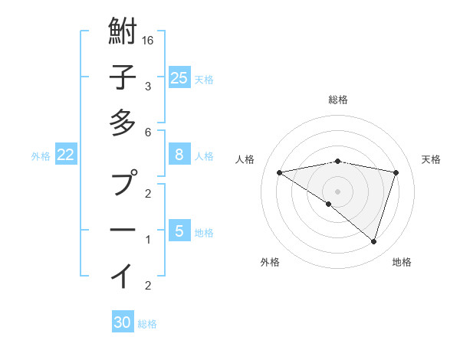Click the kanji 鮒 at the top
[123, 33]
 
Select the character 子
[123, 77]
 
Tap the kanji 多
[123, 123]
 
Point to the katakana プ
[123, 184]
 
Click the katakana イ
[123, 275]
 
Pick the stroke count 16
[149, 39]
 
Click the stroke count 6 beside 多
[149, 132]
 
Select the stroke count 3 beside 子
[149, 86]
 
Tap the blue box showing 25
[179, 77]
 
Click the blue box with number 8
[179, 155]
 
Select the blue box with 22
[66, 155]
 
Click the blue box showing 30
[123, 322]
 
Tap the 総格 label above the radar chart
[338, 100]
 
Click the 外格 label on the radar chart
[270, 262]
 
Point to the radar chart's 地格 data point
[373, 241]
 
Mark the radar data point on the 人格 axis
[280, 172]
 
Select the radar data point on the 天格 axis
[396, 172]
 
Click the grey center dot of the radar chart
[338, 191]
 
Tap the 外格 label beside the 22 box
[41, 155]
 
